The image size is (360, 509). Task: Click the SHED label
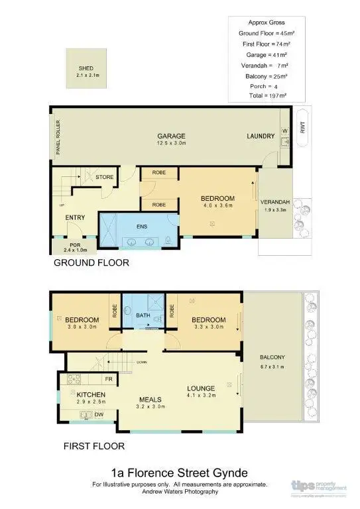(x=86, y=68)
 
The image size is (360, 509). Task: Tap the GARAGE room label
(x=171, y=136)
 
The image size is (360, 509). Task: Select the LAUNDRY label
(x=261, y=137)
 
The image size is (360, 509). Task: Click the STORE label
(x=105, y=177)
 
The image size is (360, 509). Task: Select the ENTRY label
(x=75, y=217)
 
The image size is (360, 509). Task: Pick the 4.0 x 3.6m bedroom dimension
(x=218, y=206)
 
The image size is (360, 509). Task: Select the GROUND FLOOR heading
(x=91, y=263)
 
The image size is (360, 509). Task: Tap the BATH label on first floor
(x=143, y=316)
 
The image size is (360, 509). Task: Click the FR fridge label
(x=109, y=379)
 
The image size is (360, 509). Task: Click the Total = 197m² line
(x=263, y=95)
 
